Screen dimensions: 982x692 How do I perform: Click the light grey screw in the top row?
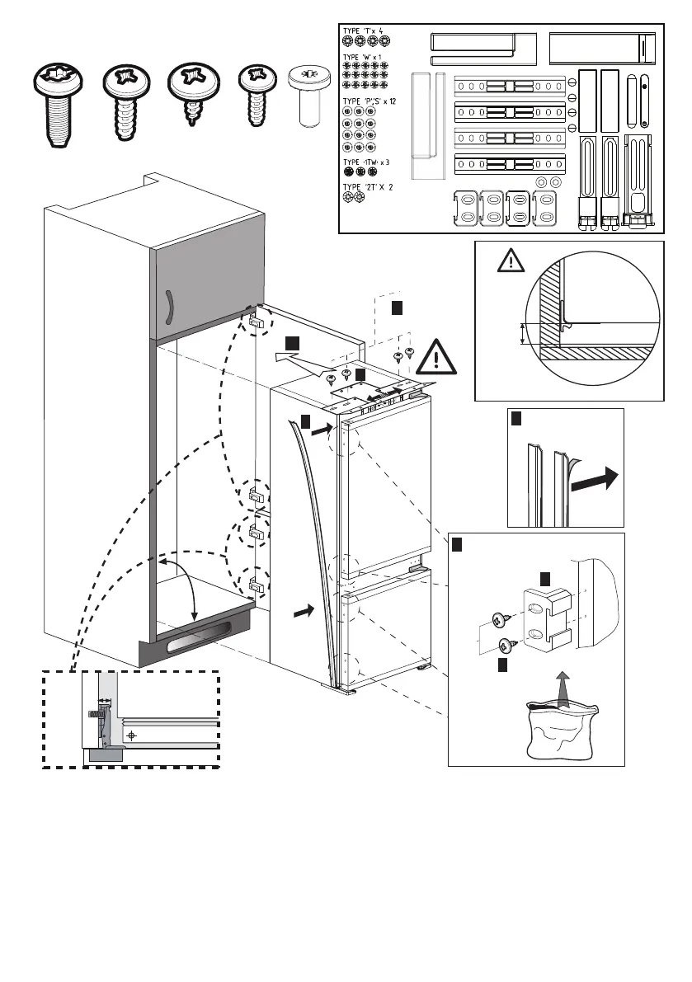pos(309,97)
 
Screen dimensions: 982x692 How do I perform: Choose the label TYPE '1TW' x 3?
pos(366,162)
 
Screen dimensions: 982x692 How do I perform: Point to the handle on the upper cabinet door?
pos(167,309)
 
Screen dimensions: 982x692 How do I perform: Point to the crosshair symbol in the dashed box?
pos(130,735)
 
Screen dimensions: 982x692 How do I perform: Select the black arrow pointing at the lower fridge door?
pos(304,612)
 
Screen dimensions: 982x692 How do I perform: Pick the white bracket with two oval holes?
pos(545,616)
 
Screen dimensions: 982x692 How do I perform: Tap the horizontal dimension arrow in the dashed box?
pos(105,701)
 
